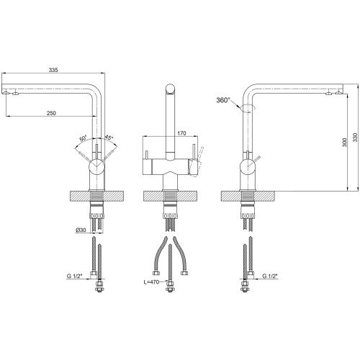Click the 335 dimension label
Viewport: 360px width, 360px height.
point(53,70)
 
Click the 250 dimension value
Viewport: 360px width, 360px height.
point(51,113)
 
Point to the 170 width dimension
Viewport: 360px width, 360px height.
point(181,133)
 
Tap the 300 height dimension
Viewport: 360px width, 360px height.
point(345,143)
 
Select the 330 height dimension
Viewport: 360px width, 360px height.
point(355,138)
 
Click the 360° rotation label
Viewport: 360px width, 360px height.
point(223,100)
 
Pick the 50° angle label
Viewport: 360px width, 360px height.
point(83,139)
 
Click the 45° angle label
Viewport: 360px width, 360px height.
point(109,138)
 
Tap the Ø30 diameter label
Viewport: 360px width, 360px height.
point(81,230)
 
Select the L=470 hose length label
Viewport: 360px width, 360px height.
point(151,282)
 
